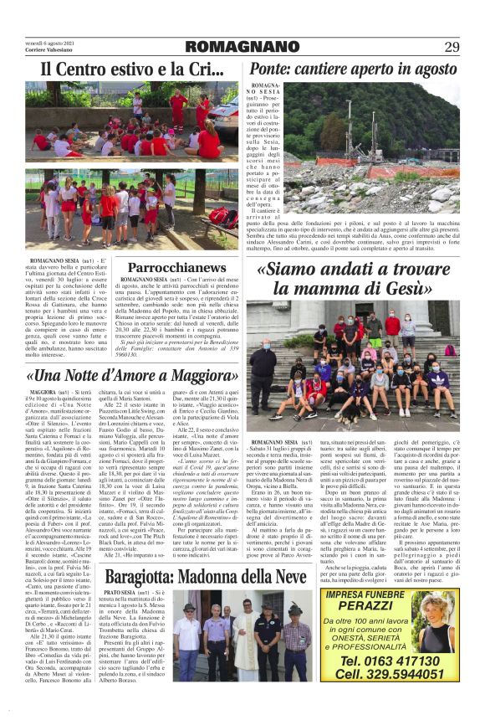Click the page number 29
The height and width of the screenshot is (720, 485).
point(452,46)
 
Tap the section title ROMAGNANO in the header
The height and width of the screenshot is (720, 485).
point(242,47)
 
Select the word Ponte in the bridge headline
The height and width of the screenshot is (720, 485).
point(271,69)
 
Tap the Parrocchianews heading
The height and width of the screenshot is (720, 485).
point(179,268)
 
